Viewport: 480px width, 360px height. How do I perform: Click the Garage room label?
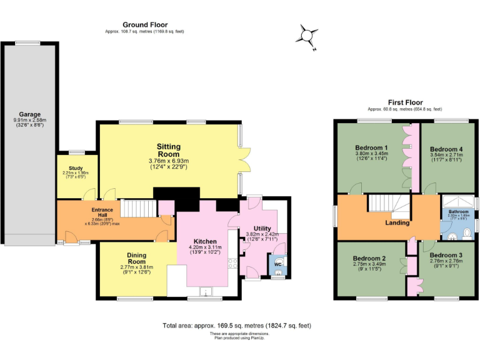pyautogui.click(x=29, y=114)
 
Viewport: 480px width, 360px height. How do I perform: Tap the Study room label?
pyautogui.click(x=76, y=168)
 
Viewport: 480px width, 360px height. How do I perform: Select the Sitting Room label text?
pyautogui.click(x=168, y=150)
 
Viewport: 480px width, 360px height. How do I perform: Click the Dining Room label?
pyautogui.click(x=136, y=258)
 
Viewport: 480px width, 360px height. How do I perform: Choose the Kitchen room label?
pyautogui.click(x=204, y=241)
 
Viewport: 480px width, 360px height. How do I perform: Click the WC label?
pyautogui.click(x=277, y=264)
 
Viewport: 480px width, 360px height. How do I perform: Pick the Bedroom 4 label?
pyautogui.click(x=446, y=149)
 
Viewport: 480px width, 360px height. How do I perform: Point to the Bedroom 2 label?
pyautogui.click(x=369, y=257)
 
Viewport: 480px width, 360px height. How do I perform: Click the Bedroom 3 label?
pyautogui.click(x=446, y=256)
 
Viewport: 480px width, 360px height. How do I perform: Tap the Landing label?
pyautogui.click(x=397, y=222)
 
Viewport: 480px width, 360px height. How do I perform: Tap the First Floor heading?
pyautogui.click(x=406, y=102)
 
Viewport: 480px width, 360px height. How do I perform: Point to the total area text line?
pyautogui.click(x=236, y=326)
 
